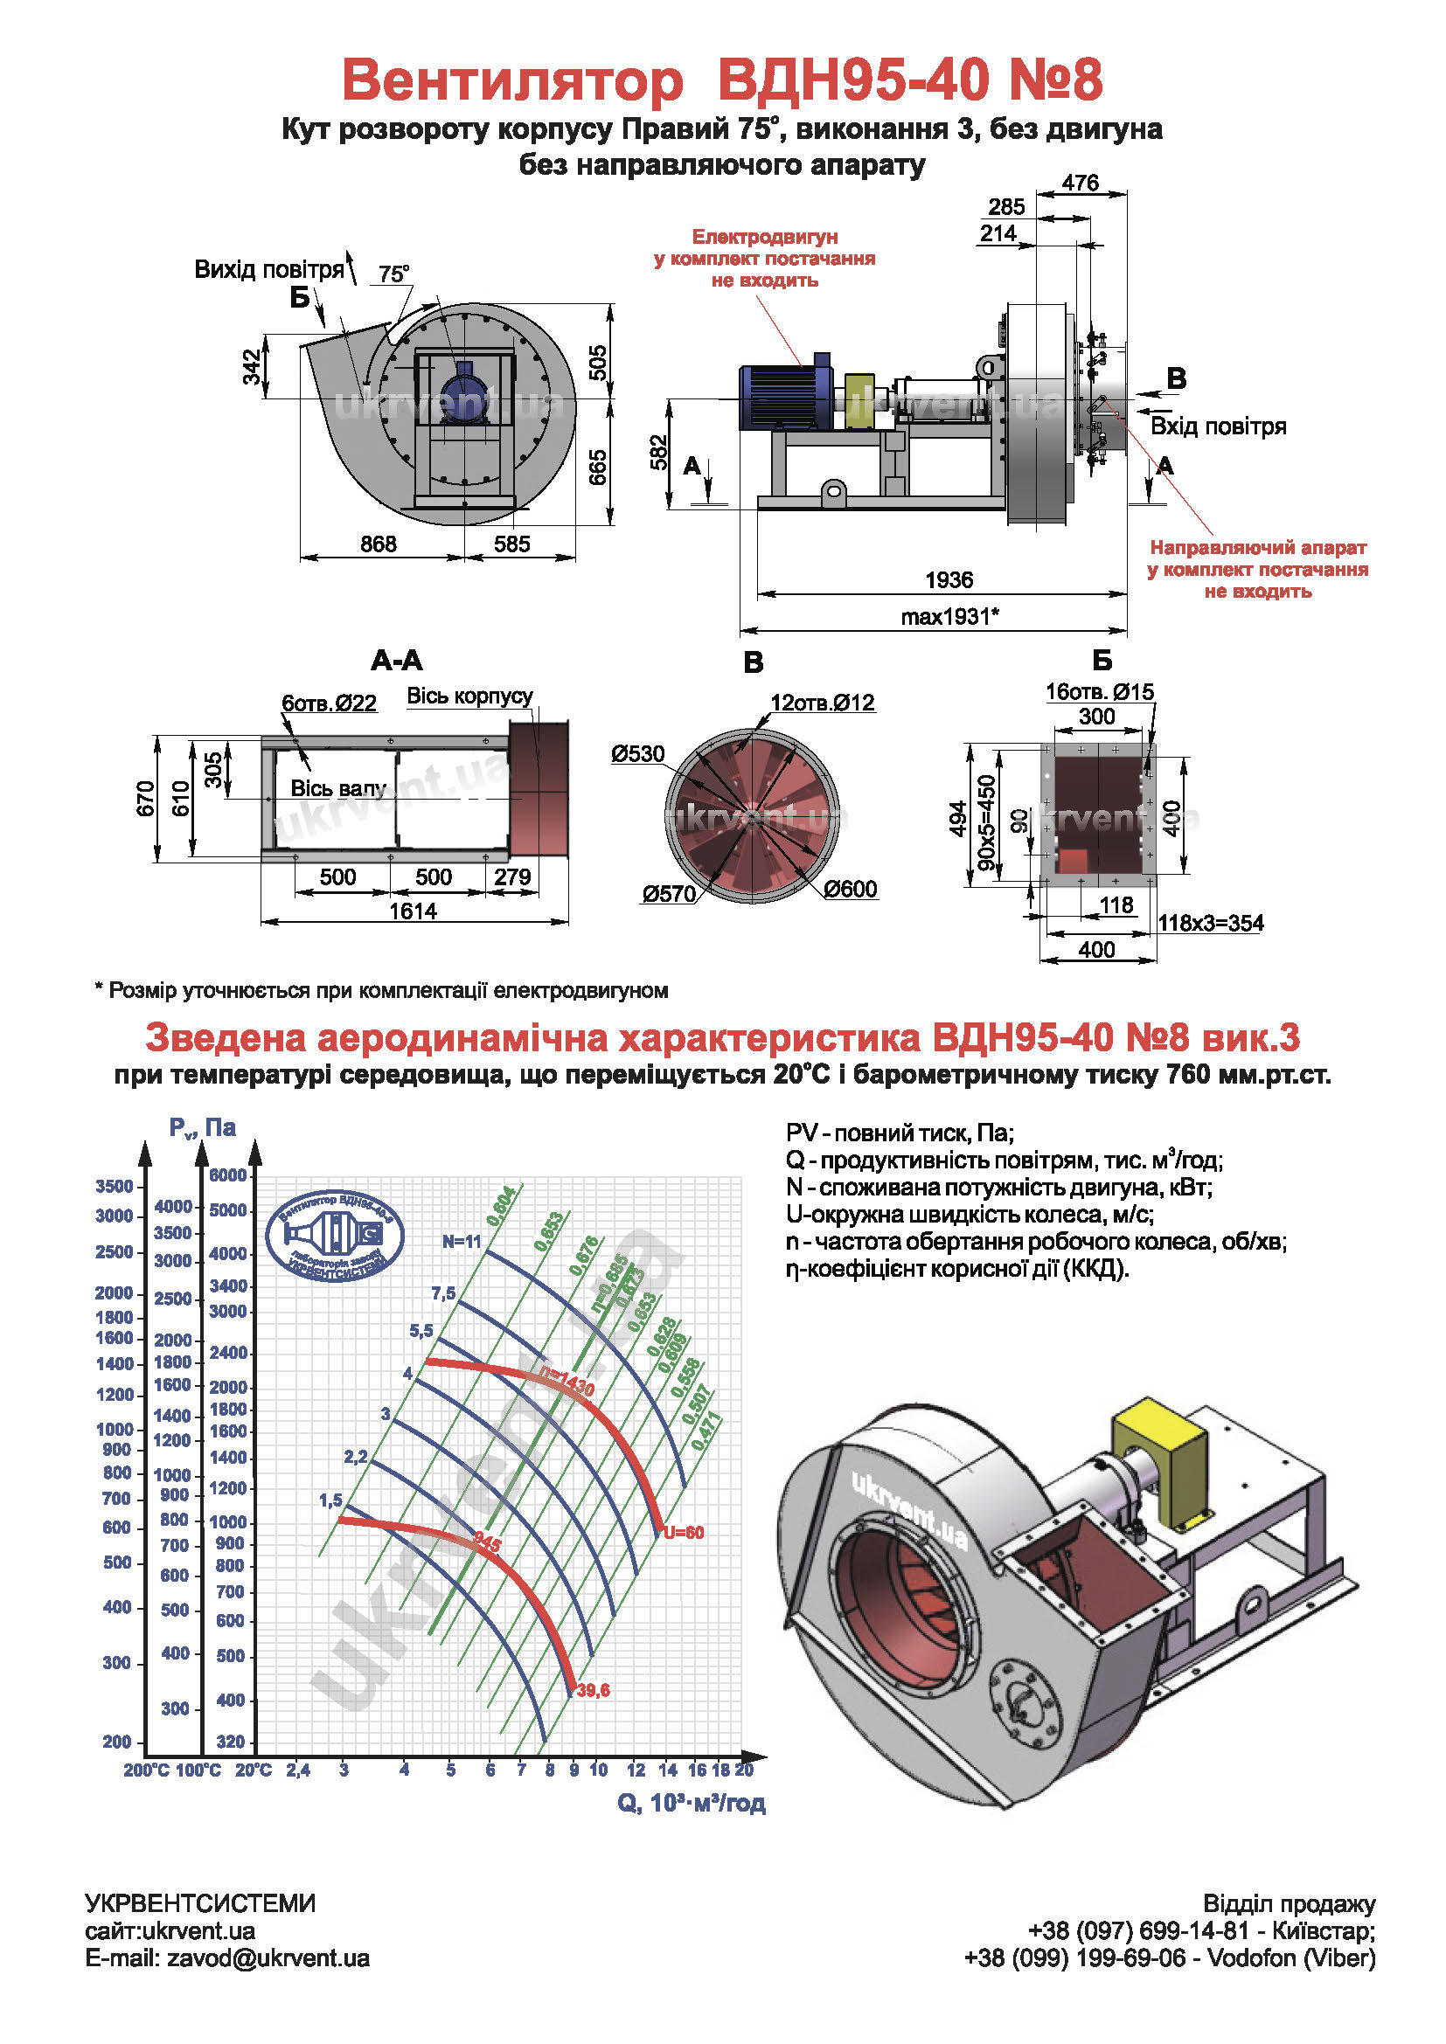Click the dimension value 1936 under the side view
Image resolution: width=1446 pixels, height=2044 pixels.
coord(949,579)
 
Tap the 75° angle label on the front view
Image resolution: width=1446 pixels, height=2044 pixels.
coord(393,274)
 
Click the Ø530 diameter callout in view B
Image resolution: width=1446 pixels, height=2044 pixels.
coord(637,754)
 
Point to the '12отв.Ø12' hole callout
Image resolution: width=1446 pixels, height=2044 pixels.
coord(823,703)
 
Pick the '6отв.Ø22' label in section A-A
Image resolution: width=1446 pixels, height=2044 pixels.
coord(329,703)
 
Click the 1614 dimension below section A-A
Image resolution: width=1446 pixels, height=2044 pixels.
coord(413,911)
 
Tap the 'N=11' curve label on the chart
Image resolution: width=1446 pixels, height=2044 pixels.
coord(462,1242)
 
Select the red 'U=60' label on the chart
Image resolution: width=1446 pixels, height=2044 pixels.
coord(683,1532)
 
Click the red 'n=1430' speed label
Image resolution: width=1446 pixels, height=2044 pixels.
coord(567,1382)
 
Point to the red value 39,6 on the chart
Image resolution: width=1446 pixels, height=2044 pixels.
coord(593,1690)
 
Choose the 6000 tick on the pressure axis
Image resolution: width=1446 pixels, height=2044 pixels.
coord(228,1175)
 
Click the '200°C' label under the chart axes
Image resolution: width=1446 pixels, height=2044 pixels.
coord(146,1770)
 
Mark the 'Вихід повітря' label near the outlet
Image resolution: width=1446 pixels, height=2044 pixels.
coord(269,269)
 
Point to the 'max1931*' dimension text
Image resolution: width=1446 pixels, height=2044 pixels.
coord(949,616)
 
